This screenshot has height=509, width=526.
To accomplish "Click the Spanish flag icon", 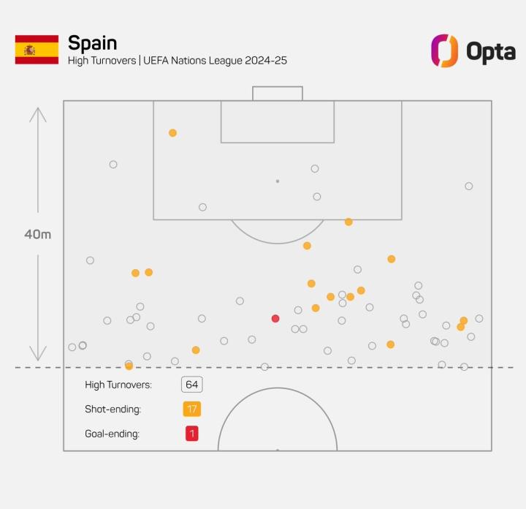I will pos(37,50).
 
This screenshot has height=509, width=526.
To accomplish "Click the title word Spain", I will pos(92,42).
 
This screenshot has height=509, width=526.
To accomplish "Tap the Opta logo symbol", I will pos(444,50).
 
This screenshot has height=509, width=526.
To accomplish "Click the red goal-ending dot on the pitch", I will pos(275,318).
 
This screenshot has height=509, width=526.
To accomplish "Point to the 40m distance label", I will pos(37,235).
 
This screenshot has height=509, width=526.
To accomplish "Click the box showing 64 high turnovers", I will pos(192,385).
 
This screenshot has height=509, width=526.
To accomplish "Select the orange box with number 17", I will pos(192,409).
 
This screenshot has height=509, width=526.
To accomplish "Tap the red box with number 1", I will pos(192,434).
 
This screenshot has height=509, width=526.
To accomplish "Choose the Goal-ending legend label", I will pos(113,434).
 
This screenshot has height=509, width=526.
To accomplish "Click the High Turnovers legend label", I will pos(118,385).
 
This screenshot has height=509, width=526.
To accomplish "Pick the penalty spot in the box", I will pos(278,181).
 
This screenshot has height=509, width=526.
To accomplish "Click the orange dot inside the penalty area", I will pos(172,133).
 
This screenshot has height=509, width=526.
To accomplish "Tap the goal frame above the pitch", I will pos(278,93).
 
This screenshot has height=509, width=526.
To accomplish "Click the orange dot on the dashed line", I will pos(129,366).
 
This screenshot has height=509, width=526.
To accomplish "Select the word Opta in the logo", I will pos(490,51).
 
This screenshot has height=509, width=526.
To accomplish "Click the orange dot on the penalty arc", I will pos(348,222).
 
